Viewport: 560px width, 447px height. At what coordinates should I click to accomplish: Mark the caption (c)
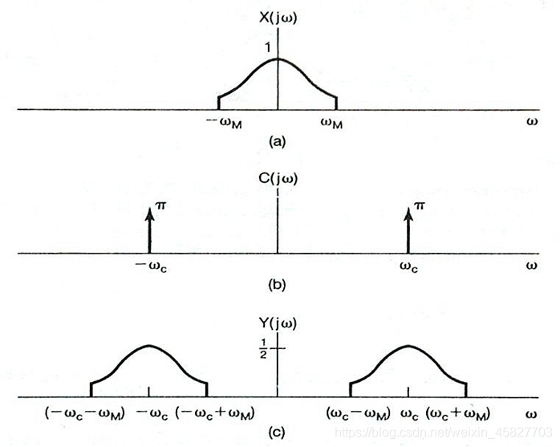tap(277, 433)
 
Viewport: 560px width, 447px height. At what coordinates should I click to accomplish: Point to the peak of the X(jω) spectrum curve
tap(278, 59)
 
